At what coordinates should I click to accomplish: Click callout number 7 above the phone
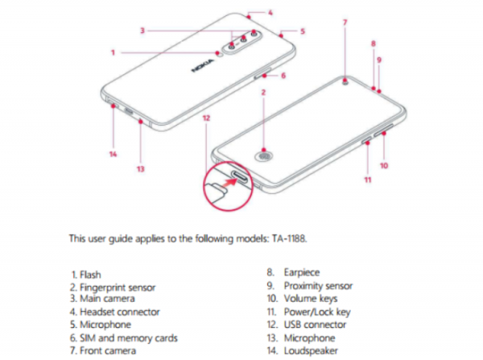tap(345, 21)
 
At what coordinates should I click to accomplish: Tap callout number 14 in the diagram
tap(114, 153)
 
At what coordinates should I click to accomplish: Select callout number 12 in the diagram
tap(207, 118)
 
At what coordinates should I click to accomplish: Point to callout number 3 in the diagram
tap(142, 31)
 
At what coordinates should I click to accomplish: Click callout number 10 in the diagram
tap(384, 166)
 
